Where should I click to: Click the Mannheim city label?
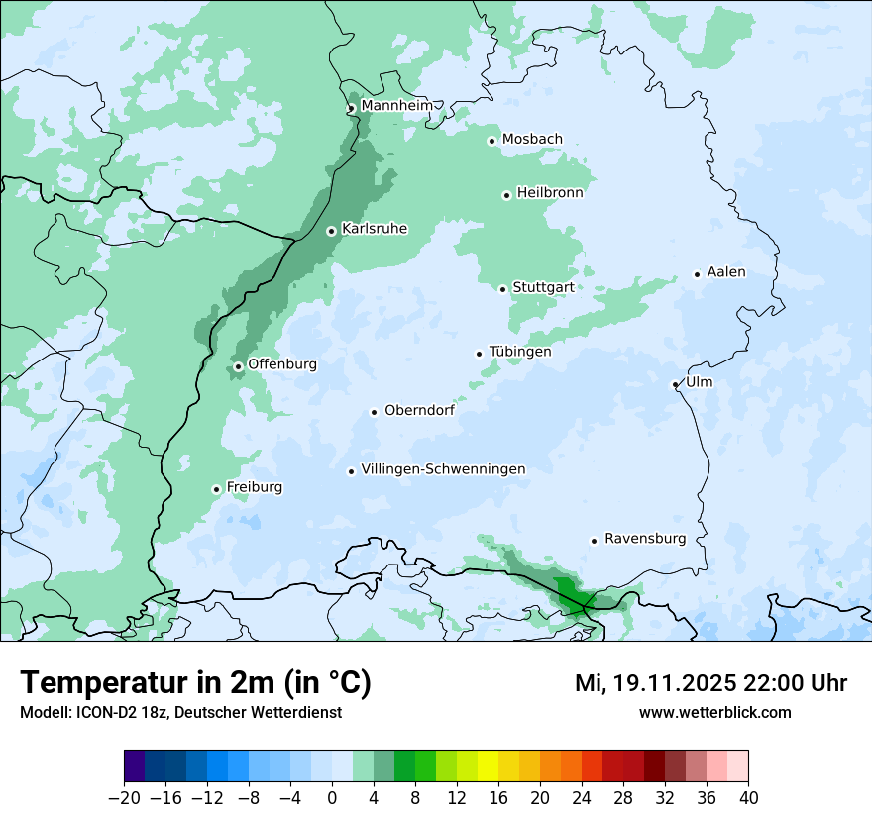pyautogui.click(x=396, y=106)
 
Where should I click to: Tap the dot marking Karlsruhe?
pyautogui.click(x=332, y=231)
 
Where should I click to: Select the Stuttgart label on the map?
pyautogui.click(x=543, y=288)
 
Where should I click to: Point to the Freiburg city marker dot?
pyautogui.click(x=216, y=489)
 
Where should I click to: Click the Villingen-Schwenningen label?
pyautogui.click(x=443, y=469)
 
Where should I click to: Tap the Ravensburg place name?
pyautogui.click(x=645, y=539)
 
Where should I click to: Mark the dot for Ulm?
pyautogui.click(x=675, y=384)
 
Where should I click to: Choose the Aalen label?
pyautogui.click(x=726, y=272)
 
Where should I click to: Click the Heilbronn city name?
pyautogui.click(x=550, y=193)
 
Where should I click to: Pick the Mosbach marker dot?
pyautogui.click(x=491, y=141)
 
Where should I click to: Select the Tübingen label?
pyautogui.click(x=520, y=352)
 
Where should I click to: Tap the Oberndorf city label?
pyautogui.click(x=419, y=410)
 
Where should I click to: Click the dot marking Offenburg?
pyautogui.click(x=238, y=366)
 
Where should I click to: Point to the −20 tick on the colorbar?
pyautogui.click(x=124, y=798)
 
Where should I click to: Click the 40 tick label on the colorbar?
pyautogui.click(x=748, y=798)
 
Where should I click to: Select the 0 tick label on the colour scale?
pyautogui.click(x=332, y=798)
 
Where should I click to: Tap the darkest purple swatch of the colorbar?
pyautogui.click(x=134, y=767)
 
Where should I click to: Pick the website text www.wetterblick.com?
pyautogui.click(x=715, y=712)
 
